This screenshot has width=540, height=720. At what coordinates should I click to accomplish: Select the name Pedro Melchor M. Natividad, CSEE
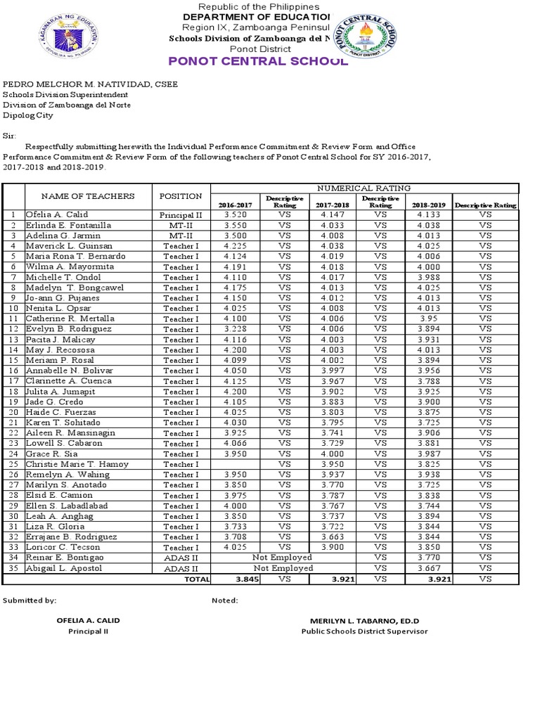pyautogui.click(x=91, y=84)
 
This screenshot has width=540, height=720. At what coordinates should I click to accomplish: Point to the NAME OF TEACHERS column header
pyautogui.click(x=88, y=196)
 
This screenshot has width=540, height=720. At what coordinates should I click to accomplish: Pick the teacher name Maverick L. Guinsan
pyautogui.click(x=69, y=246)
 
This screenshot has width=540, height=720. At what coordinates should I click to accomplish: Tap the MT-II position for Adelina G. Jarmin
pyautogui.click(x=181, y=236)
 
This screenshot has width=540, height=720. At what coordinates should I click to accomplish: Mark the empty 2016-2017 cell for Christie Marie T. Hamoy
pyautogui.click(x=235, y=464)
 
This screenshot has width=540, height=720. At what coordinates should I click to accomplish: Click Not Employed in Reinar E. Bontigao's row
pyautogui.click(x=283, y=557)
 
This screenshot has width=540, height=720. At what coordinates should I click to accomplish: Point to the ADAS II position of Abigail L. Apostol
pyautogui.click(x=181, y=567)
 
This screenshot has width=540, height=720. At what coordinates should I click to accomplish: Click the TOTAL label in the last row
pyautogui.click(x=196, y=579)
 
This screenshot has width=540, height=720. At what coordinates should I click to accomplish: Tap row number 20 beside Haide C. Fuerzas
pyautogui.click(x=13, y=412)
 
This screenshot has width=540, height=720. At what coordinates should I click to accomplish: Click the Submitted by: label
pyautogui.click(x=30, y=600)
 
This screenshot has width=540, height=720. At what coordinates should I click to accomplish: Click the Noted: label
pyautogui.click(x=224, y=600)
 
